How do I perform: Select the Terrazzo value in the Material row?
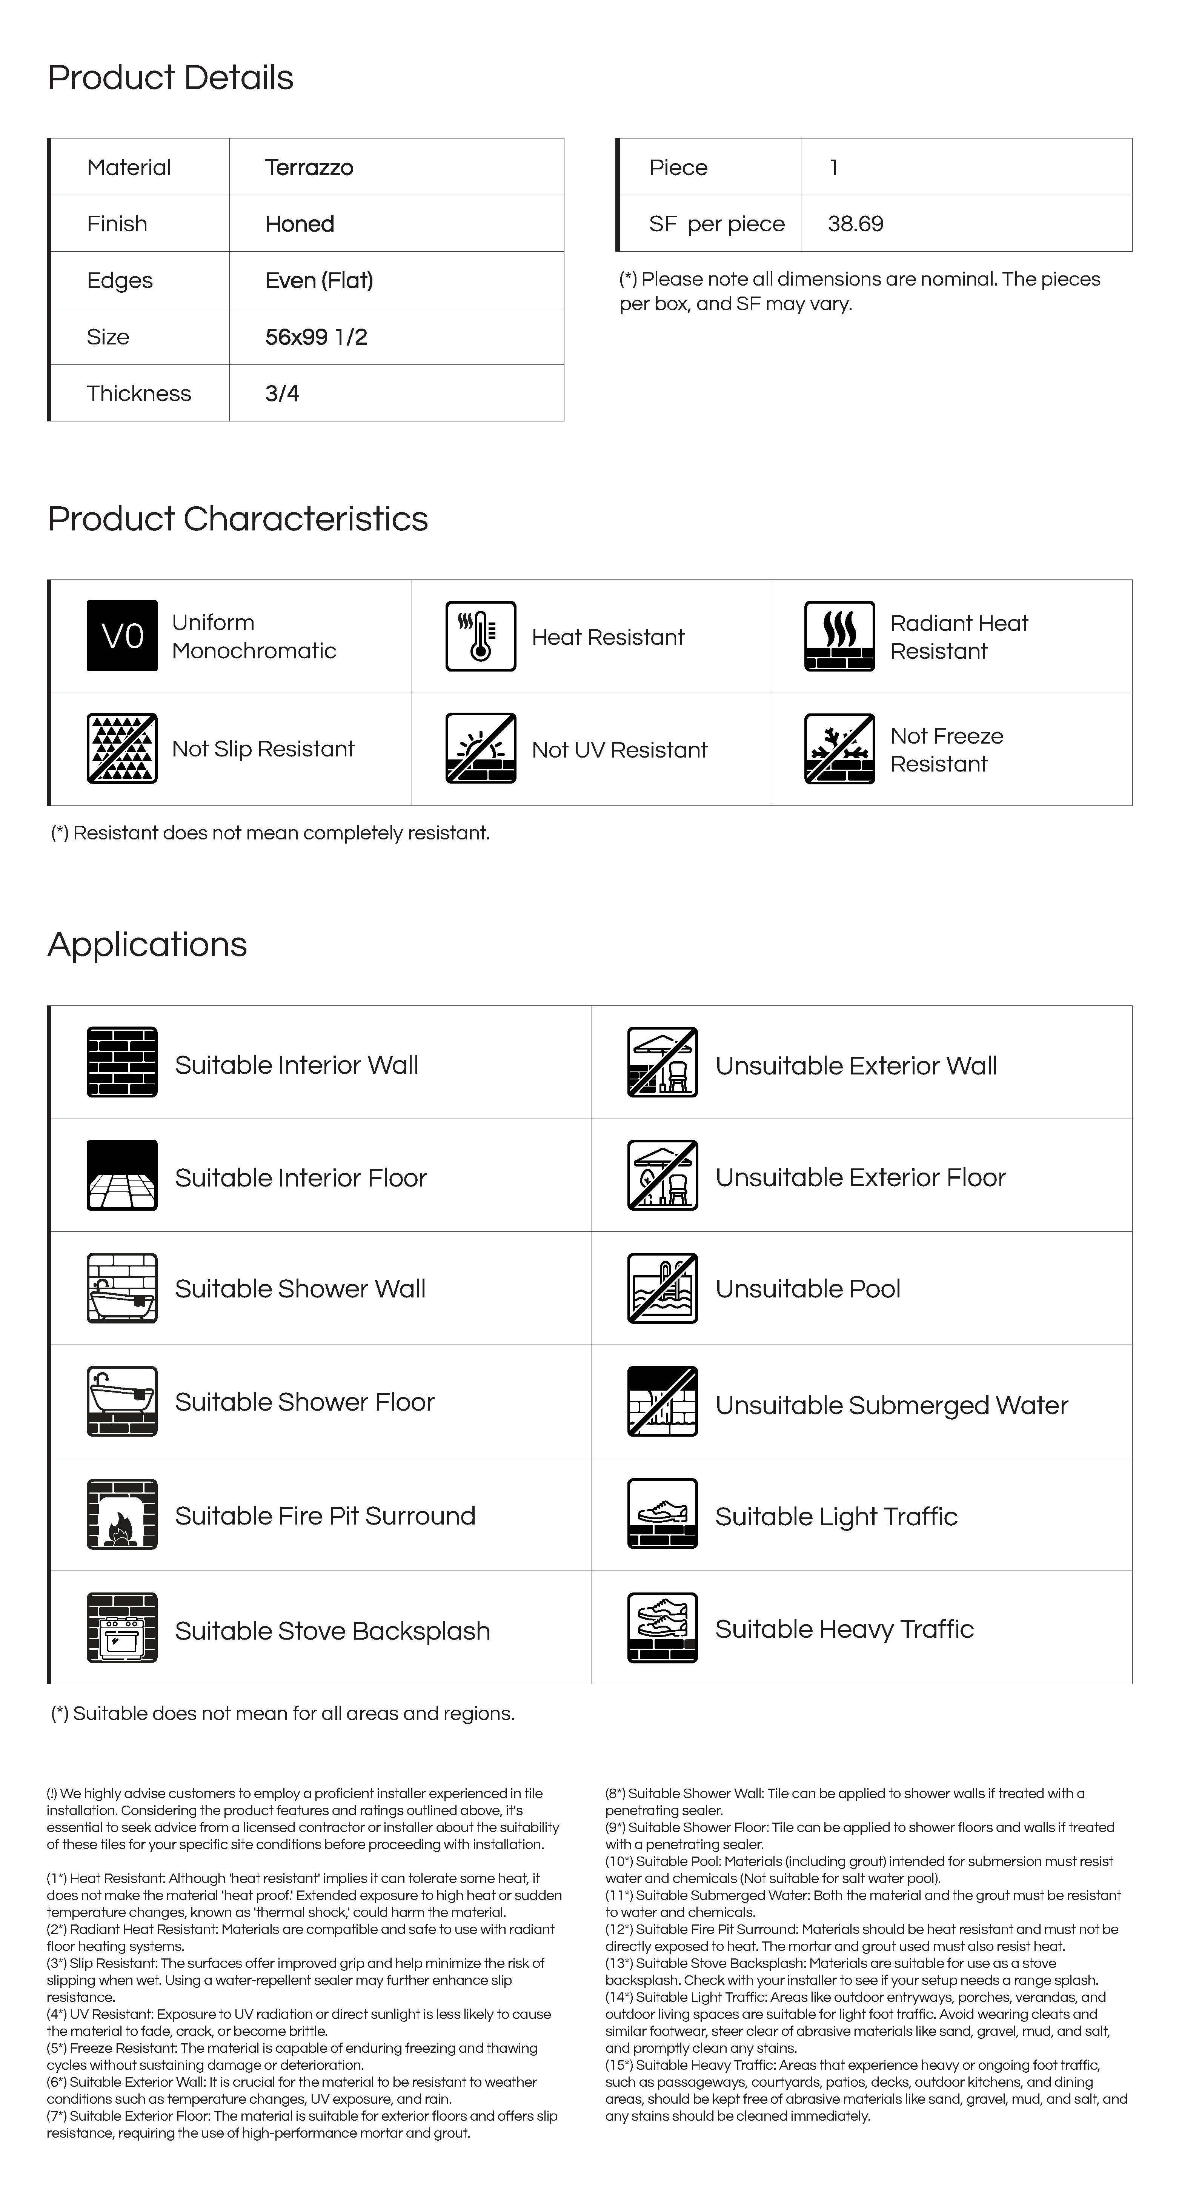click(x=308, y=168)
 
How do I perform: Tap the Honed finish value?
click(x=299, y=224)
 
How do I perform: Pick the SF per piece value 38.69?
click(x=855, y=224)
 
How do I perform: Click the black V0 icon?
click(x=122, y=636)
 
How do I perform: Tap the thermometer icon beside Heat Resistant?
click(x=480, y=636)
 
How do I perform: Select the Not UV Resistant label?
click(x=619, y=749)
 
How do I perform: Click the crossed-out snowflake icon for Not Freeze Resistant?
click(x=839, y=749)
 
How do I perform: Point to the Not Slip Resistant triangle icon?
click(x=122, y=749)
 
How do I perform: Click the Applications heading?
click(x=147, y=944)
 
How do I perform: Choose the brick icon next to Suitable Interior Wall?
click(x=122, y=1062)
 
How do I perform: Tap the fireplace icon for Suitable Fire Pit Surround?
click(x=122, y=1514)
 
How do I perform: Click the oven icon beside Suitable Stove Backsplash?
click(x=122, y=1628)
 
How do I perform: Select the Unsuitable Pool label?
click(x=807, y=1288)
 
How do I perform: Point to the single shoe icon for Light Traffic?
click(x=662, y=1514)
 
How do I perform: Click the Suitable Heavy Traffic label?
click(x=844, y=1629)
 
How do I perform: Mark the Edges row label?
click(x=120, y=280)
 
